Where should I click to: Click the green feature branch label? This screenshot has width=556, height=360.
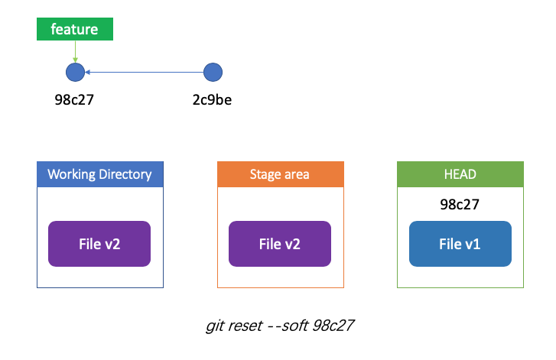pos(75,29)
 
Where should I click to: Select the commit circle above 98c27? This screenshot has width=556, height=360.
pos(75,73)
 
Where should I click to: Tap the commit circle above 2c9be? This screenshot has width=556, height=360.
pos(213,73)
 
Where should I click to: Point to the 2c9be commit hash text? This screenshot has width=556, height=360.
pos(212,100)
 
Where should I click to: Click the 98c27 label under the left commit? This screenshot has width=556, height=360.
pos(74,100)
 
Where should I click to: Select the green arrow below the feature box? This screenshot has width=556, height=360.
pos(75,52)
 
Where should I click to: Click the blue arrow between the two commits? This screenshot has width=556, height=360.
pos(145,73)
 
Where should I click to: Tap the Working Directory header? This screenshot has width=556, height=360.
pos(100,174)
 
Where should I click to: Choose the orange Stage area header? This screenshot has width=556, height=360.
pos(281,174)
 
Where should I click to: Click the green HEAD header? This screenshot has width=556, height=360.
pos(460,174)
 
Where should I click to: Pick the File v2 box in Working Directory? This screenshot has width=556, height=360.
pos(99,244)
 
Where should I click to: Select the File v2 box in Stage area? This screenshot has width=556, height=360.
pos(280,244)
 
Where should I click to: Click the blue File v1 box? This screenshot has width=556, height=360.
pos(460,244)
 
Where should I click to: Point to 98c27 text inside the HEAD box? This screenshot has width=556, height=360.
pos(460,204)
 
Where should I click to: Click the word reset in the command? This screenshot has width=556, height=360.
pos(245,326)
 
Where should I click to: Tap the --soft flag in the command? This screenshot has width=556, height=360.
pos(288,326)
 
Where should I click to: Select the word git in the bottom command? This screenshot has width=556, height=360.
pos(215,326)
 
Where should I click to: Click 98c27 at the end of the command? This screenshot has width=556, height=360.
pos(333,326)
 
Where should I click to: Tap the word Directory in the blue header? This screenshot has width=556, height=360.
pos(125,175)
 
